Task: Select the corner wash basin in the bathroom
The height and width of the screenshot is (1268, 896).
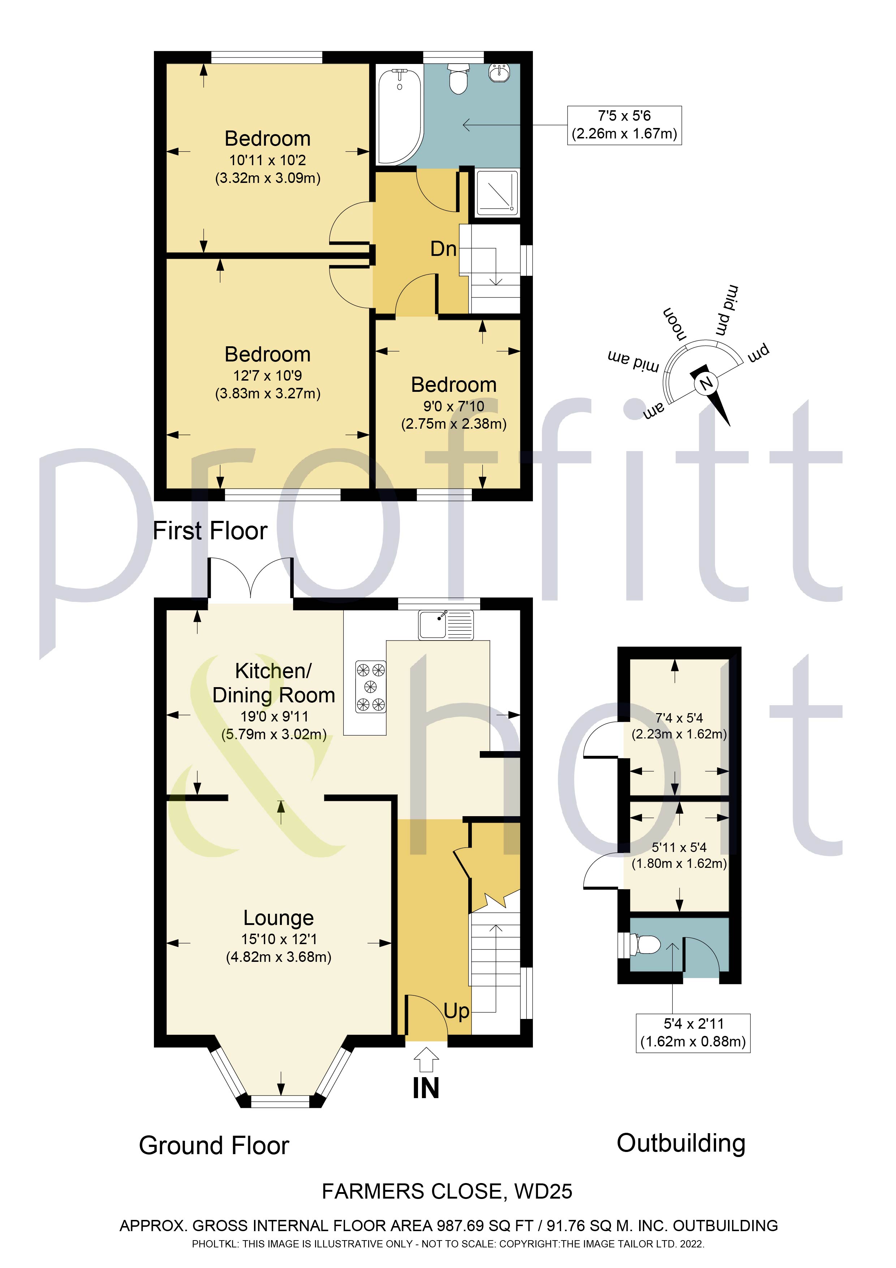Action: tap(501, 72)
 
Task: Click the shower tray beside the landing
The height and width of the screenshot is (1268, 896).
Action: tap(497, 192)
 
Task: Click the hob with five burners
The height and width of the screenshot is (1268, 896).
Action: tap(370, 686)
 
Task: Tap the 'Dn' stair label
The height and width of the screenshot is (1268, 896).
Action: tap(443, 249)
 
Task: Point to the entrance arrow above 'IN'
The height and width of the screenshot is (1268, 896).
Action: tap(426, 1061)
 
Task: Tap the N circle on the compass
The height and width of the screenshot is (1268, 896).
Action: tap(706, 383)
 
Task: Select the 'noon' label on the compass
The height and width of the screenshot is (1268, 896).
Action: tap(675, 325)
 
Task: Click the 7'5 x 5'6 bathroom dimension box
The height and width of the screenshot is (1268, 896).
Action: tap(624, 125)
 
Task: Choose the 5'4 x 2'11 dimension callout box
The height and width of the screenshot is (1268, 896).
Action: tap(693, 1033)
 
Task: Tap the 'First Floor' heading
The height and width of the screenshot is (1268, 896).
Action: tap(210, 531)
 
